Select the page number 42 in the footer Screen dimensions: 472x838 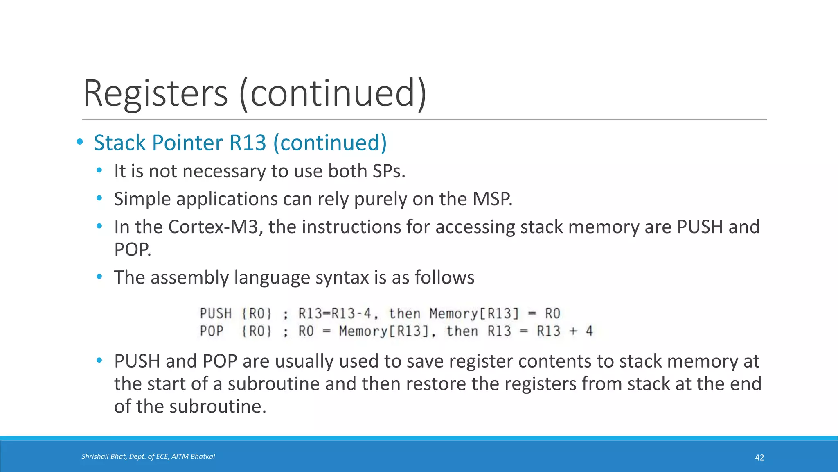[759, 458]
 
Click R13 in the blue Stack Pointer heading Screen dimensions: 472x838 [248, 143]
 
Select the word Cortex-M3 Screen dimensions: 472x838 [215, 227]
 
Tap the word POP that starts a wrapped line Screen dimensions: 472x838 [132, 250]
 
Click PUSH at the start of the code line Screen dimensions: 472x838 [216, 314]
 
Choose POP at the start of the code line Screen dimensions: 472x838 [212, 331]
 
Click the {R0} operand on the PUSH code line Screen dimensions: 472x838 [257, 314]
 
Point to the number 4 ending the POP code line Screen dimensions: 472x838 [589, 331]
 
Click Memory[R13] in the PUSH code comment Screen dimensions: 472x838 [474, 314]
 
